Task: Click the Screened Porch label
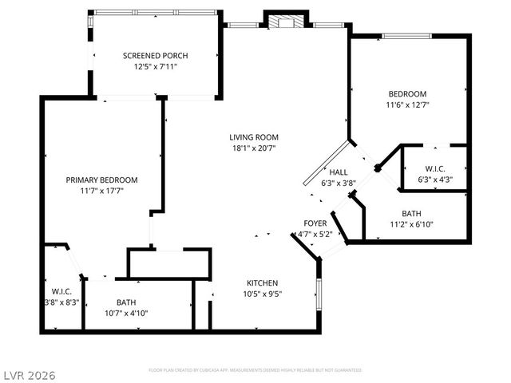[x=156, y=55]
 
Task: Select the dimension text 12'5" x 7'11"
[x=156, y=67]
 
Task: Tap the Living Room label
[x=255, y=136]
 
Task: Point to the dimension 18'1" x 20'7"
[x=255, y=148]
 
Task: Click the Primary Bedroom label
[x=101, y=180]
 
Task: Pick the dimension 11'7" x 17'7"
[x=101, y=191]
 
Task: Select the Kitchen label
[x=262, y=283]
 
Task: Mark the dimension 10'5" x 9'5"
[x=262, y=294]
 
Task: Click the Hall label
[x=339, y=172]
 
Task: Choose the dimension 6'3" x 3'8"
[x=339, y=183]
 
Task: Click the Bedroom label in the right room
[x=407, y=93]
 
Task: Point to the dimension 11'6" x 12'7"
[x=407, y=105]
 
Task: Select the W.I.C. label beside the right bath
[x=435, y=168]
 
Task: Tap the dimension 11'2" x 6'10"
[x=412, y=224]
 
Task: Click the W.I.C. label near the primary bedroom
[x=62, y=291]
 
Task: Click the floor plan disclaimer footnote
[x=255, y=370]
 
